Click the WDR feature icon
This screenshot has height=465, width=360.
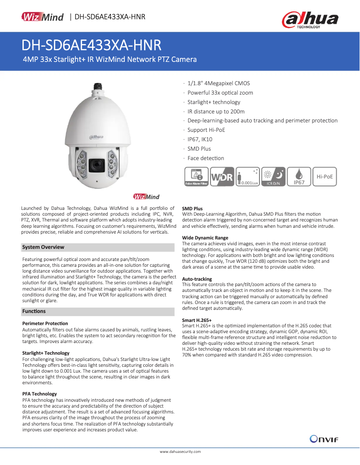point(222,177)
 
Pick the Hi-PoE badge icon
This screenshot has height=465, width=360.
point(325,177)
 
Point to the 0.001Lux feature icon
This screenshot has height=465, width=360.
point(248,177)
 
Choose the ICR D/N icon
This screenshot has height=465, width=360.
point(273,177)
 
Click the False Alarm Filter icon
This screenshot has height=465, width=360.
point(197,177)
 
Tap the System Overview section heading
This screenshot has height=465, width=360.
point(43,247)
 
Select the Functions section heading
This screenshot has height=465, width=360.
point(34,311)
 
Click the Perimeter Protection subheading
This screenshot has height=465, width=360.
point(45,323)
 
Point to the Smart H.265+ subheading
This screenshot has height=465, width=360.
point(197,320)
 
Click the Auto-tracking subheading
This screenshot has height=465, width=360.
point(197,279)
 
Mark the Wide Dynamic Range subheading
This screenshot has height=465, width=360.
point(205,238)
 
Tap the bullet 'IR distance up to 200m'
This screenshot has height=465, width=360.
point(216,111)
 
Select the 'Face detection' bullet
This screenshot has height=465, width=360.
point(206,158)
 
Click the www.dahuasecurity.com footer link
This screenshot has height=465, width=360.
point(180,452)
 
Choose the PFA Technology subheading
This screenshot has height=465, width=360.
point(40,394)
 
